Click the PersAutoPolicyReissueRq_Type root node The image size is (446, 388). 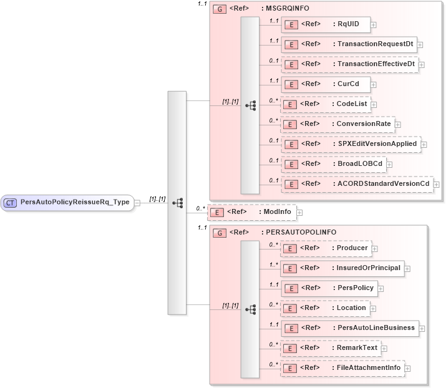click(68, 202)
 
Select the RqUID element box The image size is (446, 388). click(325, 25)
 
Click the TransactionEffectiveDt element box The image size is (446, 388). click(349, 64)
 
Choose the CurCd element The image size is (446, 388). click(325, 84)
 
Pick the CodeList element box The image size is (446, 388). click(325, 104)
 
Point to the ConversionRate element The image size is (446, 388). click(337, 124)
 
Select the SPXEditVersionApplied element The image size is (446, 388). click(350, 144)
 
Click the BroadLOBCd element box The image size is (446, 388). click(333, 164)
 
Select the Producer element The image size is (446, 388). click(325, 248)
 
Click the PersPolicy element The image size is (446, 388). click(328, 288)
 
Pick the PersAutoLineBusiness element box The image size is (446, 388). click(349, 327)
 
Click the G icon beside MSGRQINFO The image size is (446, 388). click(219, 9)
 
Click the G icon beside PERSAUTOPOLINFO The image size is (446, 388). click(219, 233)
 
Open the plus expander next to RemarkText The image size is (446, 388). click(384, 349)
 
